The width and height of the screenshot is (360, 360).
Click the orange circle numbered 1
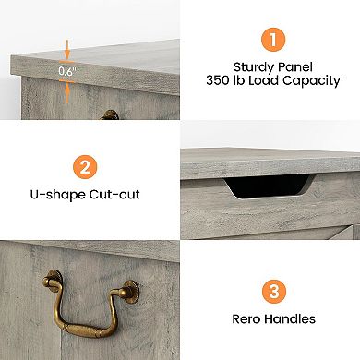coord(270,40)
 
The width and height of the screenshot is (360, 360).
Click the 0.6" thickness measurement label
coord(66,71)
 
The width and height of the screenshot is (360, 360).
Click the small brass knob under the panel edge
coord(111,115)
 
